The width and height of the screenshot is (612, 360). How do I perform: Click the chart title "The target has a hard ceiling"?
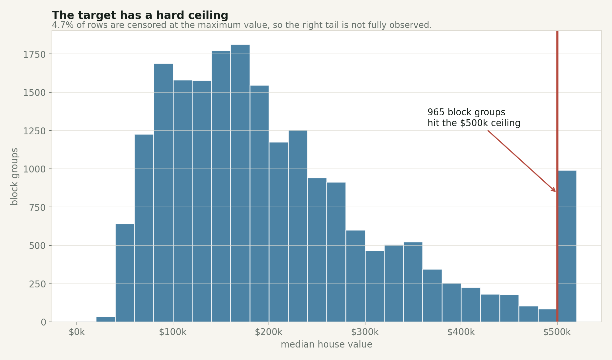140,15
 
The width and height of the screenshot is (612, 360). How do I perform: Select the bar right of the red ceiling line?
567,246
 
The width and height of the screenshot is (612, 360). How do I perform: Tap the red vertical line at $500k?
557,99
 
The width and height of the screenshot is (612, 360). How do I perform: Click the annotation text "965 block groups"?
466,112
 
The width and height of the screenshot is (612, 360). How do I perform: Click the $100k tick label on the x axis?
173,332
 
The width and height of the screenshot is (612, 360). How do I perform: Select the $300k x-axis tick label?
365,332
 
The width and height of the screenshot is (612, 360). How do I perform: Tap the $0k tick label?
77,332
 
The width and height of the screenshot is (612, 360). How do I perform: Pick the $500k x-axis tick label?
557,332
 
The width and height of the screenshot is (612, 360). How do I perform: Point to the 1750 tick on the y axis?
34,54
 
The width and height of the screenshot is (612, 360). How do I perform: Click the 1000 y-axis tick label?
34,169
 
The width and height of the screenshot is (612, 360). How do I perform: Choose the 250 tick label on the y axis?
37,284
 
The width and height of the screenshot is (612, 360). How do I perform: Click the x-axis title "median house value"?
326,345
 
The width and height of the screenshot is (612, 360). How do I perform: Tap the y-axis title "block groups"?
14,176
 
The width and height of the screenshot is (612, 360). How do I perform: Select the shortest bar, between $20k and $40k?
105,319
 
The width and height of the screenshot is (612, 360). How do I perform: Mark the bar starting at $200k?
278,232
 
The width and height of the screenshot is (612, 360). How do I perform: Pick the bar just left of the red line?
547,315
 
